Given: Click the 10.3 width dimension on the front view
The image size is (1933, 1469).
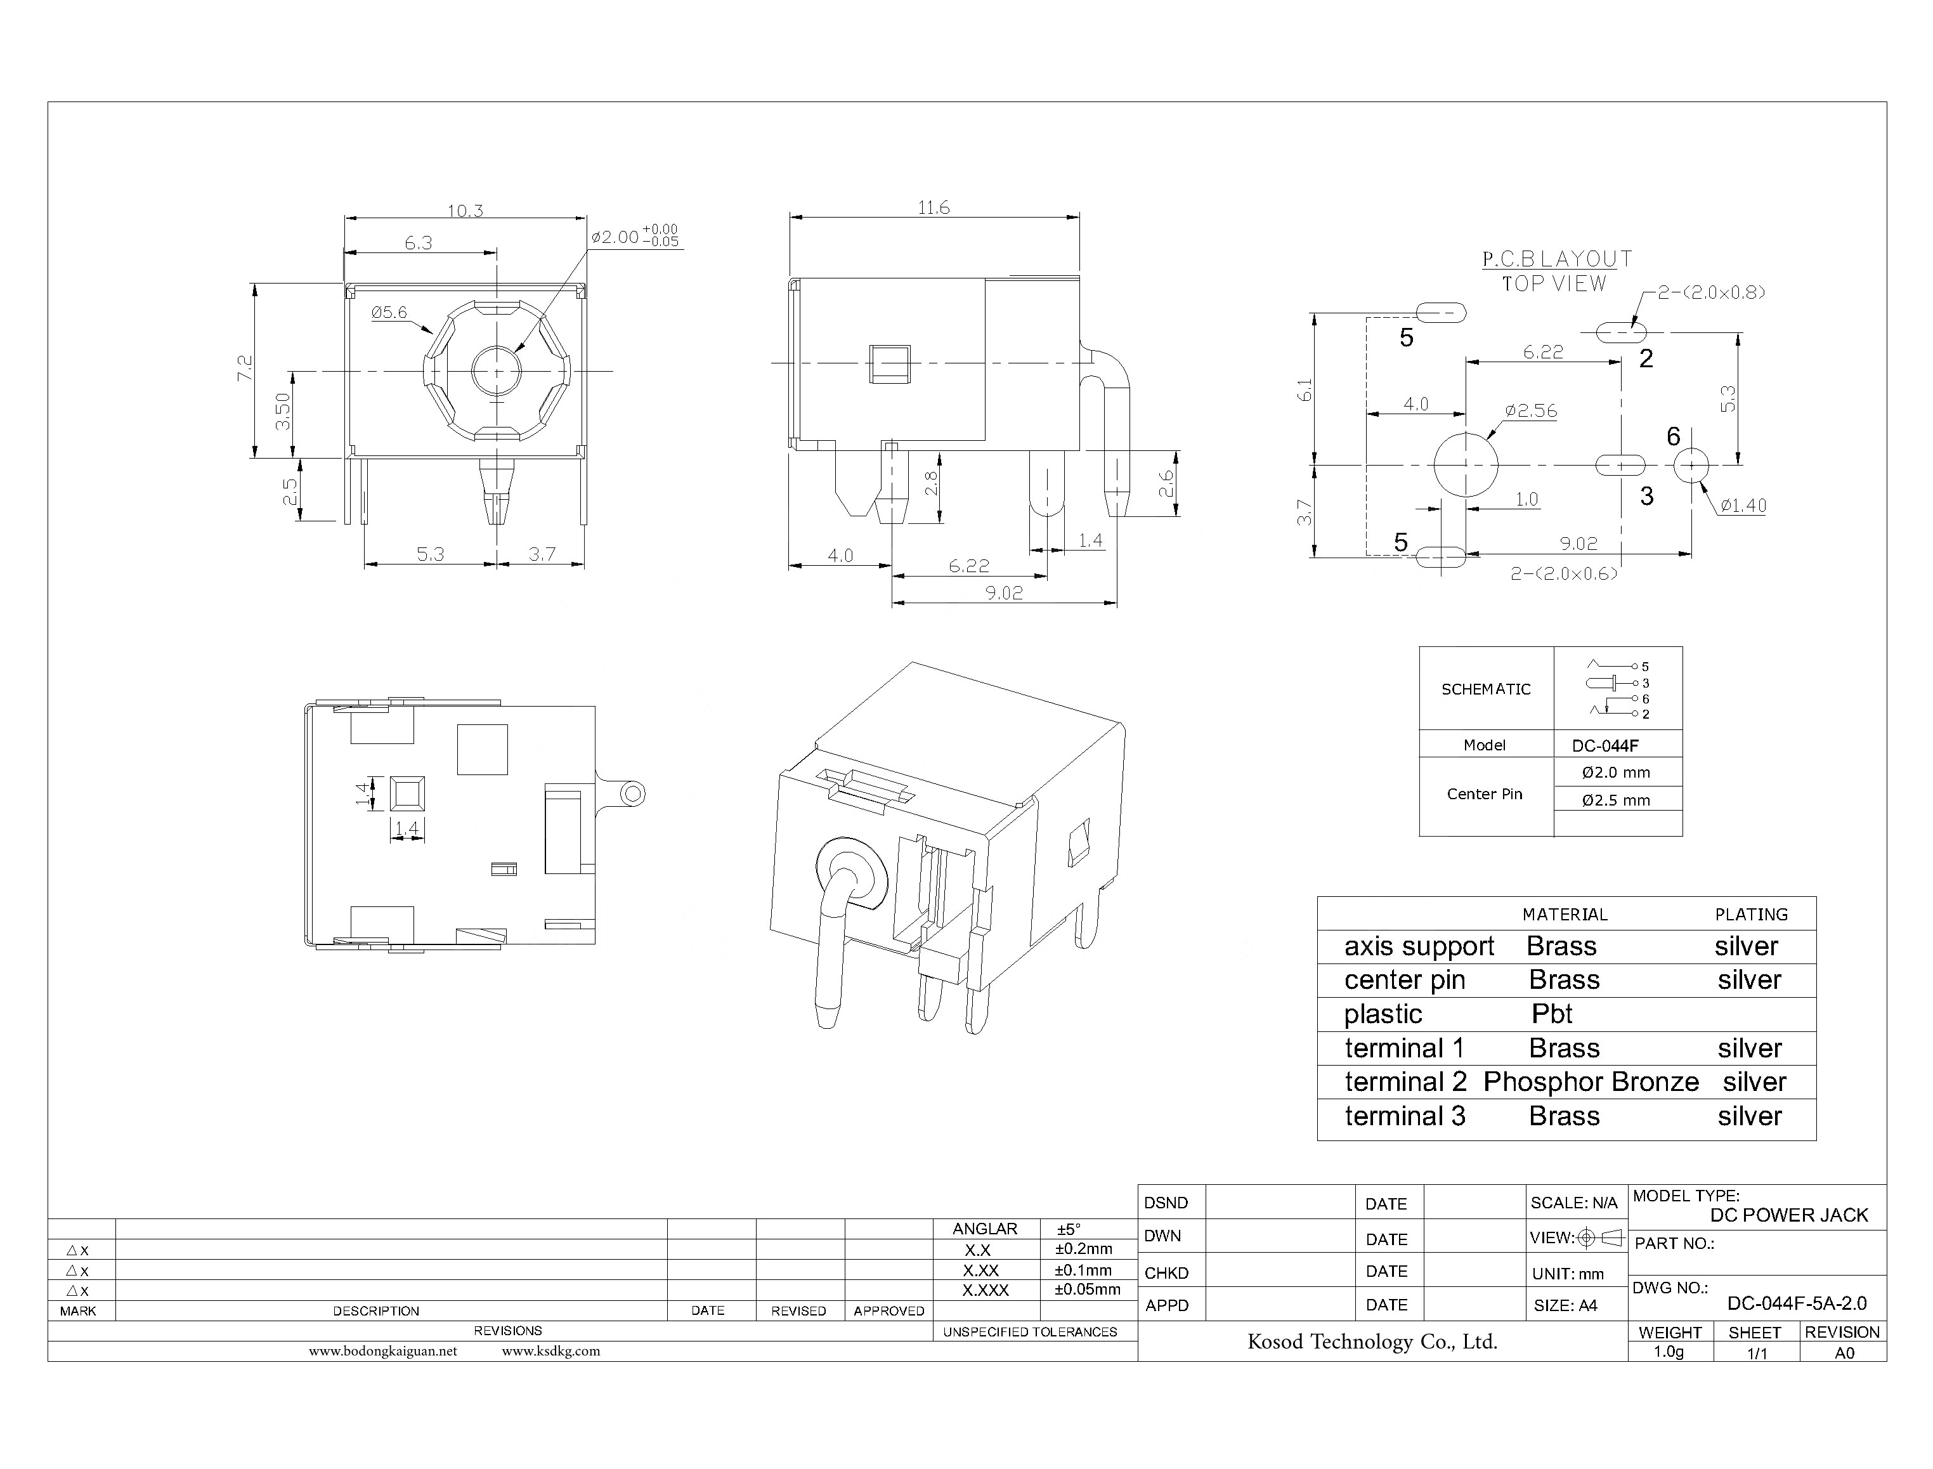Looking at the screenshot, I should pos(465,211).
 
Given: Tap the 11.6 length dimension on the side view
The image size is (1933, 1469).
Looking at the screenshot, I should pos(933,208).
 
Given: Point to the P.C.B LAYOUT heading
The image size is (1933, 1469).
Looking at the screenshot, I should pos(1557,259).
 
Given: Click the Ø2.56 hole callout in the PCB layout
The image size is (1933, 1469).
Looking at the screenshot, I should pos(1531,411).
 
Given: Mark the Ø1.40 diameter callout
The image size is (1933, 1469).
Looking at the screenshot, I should pos(1742,506).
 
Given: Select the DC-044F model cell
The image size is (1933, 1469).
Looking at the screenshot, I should pos(1604,746).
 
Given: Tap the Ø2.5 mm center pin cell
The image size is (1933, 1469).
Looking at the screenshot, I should pos(1616,800).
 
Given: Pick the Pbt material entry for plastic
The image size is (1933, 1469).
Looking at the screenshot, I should pos(1552,1014).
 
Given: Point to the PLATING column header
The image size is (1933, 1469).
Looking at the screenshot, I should pos(1750,915).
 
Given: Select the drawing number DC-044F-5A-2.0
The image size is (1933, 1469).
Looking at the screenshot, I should pos(1797,1303).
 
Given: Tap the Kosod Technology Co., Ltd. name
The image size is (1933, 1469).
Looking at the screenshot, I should pos(1372,1342).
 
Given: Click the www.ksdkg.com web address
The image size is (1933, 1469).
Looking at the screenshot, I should pos(550,1351).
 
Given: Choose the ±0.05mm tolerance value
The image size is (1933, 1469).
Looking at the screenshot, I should pos(1087,1289).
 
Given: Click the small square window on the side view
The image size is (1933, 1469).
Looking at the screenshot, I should pos(889,365).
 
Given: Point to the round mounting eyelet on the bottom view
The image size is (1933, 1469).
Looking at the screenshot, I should pos(632,795).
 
